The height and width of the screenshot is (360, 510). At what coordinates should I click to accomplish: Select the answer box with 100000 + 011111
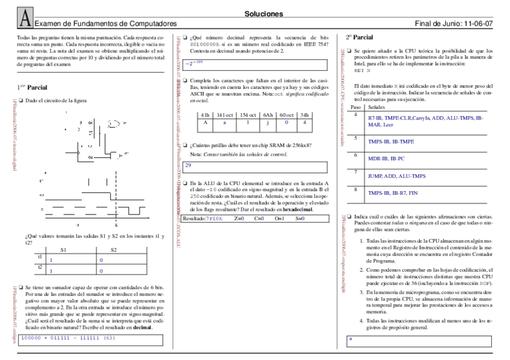click(90, 338)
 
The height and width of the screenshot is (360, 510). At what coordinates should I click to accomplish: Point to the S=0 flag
click(300, 218)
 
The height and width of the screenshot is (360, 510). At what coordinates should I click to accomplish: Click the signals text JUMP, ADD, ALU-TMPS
click(397, 176)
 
